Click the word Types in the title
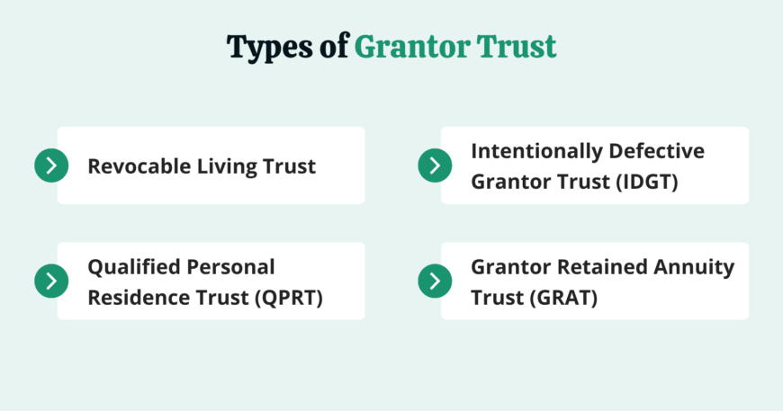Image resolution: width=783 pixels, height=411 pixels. pyautogui.click(x=271, y=48)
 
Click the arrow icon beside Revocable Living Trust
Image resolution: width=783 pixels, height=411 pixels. pyautogui.click(x=51, y=165)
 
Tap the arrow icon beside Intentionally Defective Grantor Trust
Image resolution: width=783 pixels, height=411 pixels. pyautogui.click(x=435, y=165)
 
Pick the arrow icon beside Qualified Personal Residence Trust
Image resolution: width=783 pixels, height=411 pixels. pyautogui.click(x=51, y=281)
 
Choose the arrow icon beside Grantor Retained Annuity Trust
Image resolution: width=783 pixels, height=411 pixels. pyautogui.click(x=435, y=281)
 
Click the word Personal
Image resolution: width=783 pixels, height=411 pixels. pyautogui.click(x=230, y=267)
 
